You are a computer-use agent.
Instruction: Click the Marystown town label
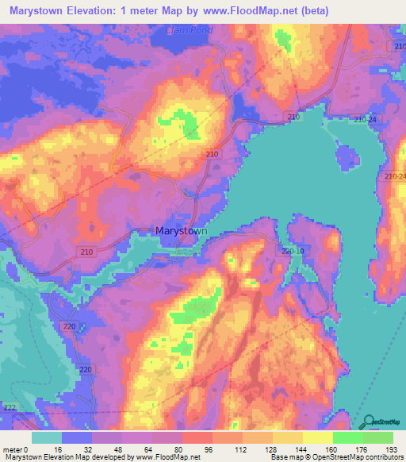point(182,231)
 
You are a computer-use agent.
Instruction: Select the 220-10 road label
point(292,251)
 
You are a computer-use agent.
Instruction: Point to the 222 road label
point(9,407)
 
